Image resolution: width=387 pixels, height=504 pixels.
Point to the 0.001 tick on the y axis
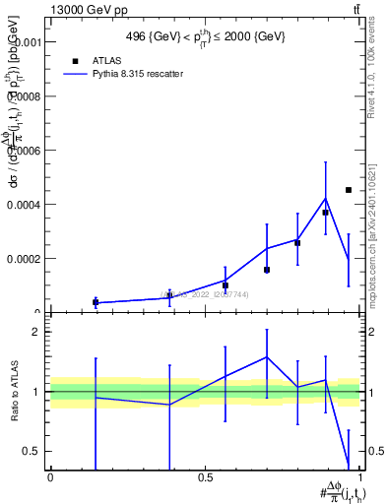click(27, 43)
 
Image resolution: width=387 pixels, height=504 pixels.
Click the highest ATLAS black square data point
click(349, 190)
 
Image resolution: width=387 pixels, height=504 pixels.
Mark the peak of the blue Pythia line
click(325, 199)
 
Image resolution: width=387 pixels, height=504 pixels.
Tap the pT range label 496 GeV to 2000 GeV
click(206, 36)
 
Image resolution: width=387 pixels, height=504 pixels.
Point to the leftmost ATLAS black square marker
click(96, 302)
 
